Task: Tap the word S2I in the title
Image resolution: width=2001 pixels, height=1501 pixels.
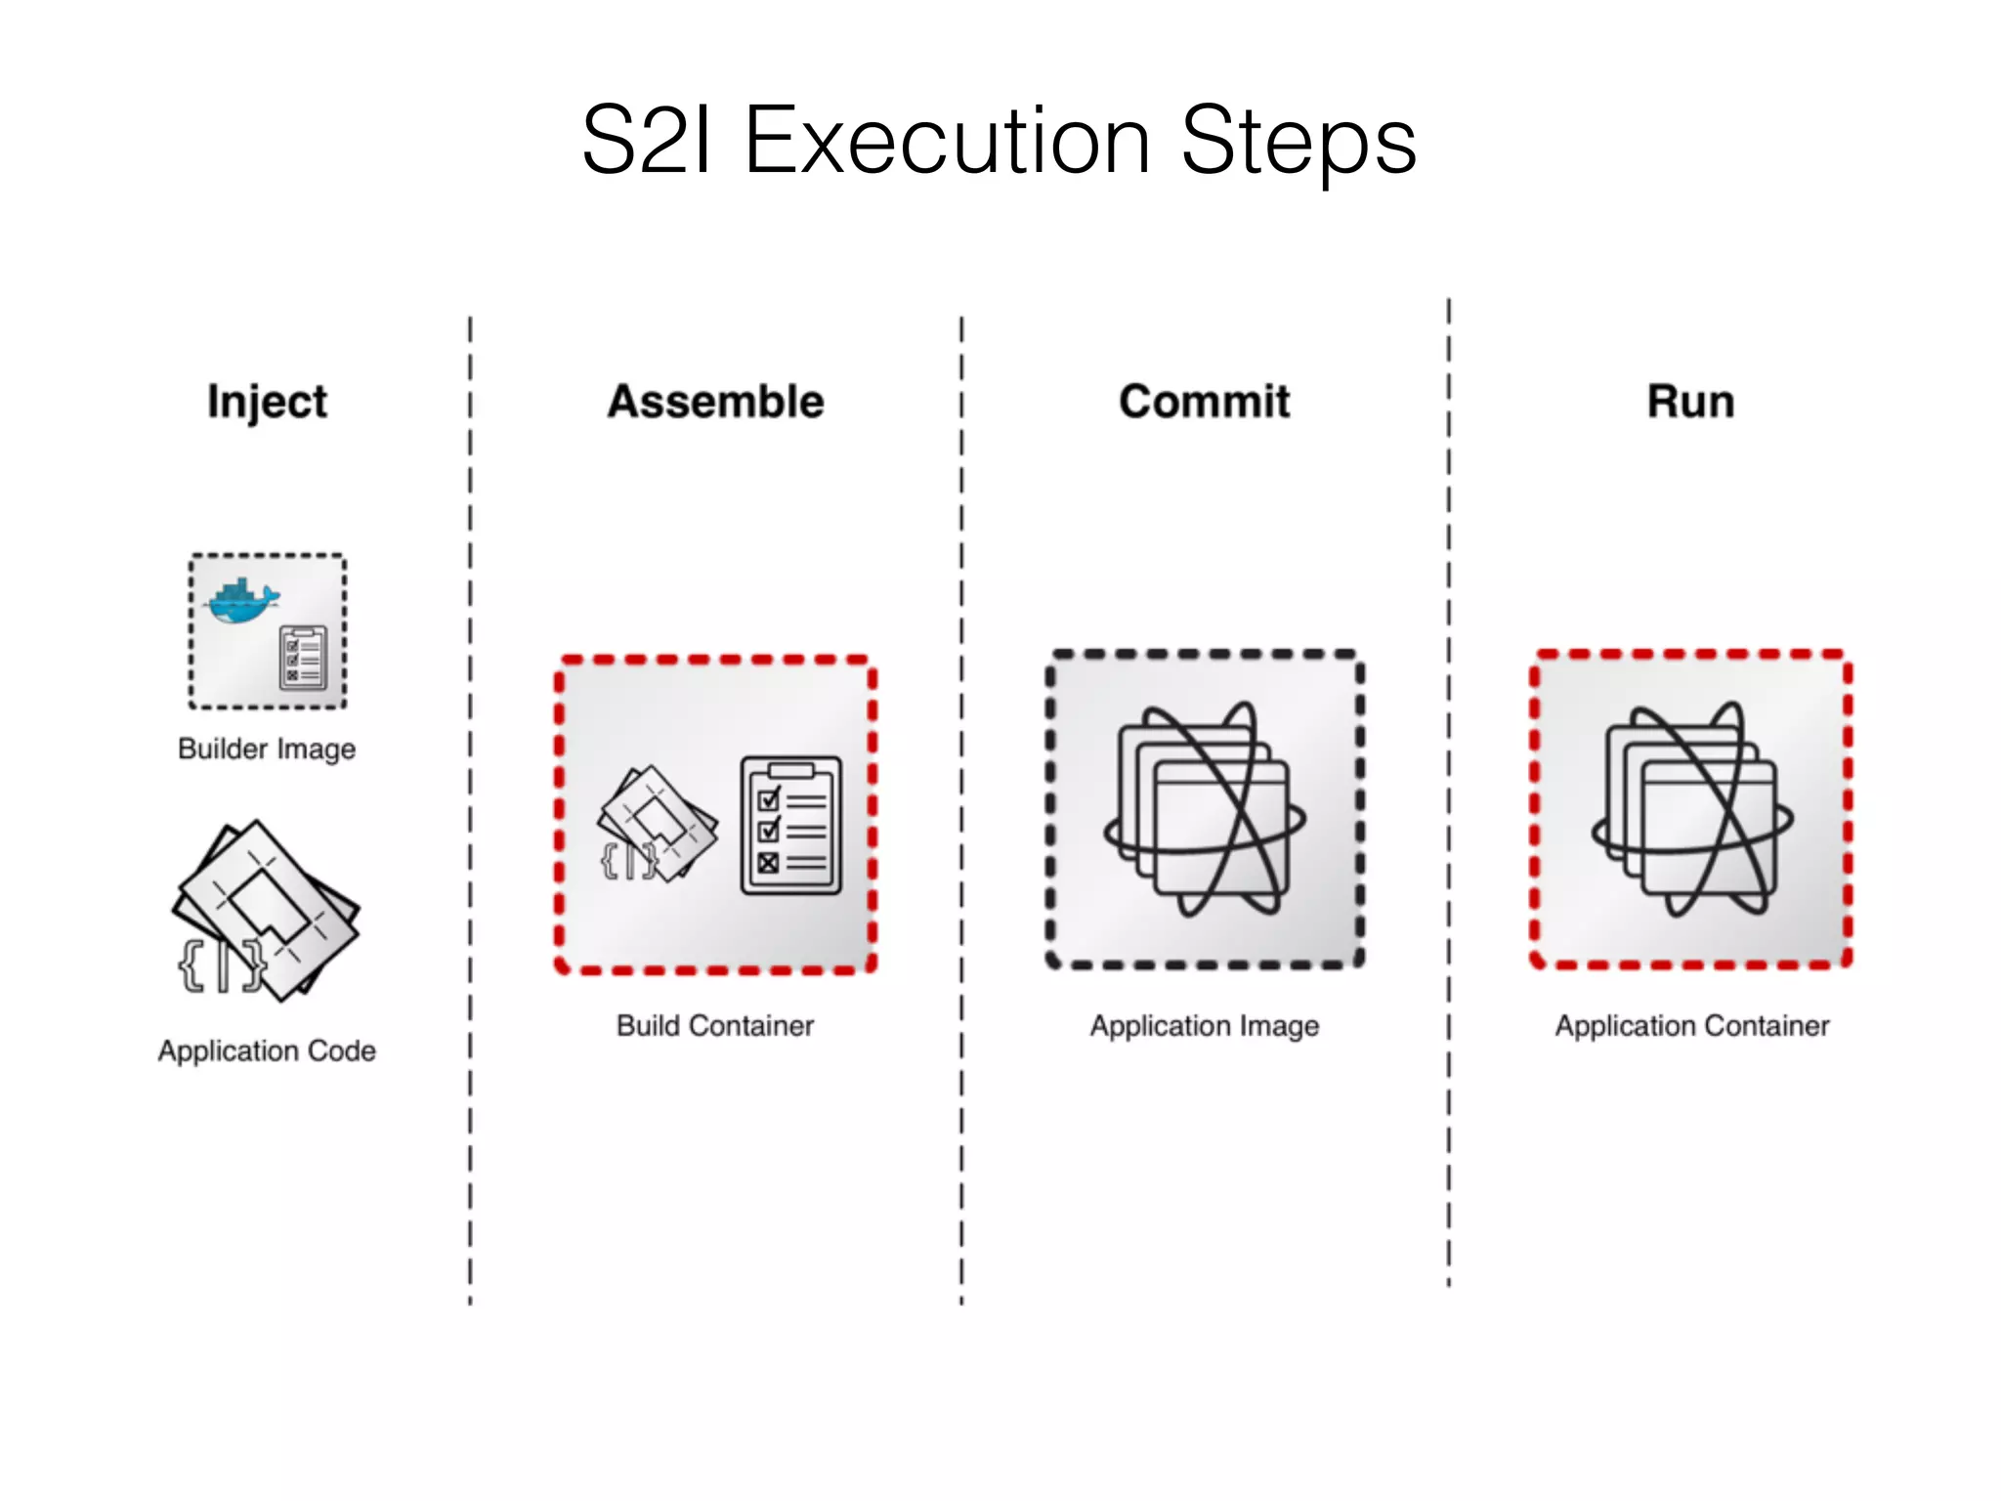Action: click(647, 142)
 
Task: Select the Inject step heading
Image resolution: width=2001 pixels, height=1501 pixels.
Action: click(267, 402)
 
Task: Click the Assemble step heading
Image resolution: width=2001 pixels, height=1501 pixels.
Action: click(716, 402)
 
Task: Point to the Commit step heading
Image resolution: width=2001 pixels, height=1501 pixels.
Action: click(1204, 402)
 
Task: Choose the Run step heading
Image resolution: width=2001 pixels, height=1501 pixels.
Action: click(1691, 402)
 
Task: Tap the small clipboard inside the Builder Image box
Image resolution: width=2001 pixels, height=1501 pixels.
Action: click(304, 659)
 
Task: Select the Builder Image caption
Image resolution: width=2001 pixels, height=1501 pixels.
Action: click(267, 749)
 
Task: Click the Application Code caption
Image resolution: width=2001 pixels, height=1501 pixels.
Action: click(267, 1051)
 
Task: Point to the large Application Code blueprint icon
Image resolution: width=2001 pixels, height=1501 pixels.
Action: click(269, 904)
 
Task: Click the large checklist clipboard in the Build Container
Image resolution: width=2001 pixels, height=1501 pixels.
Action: click(791, 826)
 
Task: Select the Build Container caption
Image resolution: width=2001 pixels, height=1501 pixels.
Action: click(715, 1025)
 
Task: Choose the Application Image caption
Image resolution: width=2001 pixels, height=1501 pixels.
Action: click(1205, 1025)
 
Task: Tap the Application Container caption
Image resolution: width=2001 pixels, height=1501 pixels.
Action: click(1692, 1025)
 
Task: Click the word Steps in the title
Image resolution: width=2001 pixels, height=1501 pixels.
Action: click(1299, 142)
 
